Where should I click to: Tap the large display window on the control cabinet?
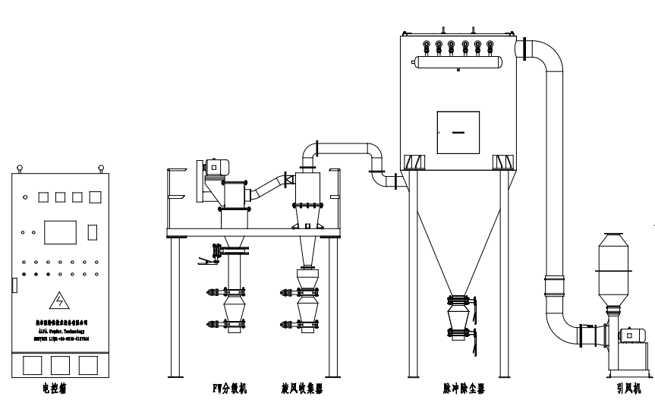tap(60, 231)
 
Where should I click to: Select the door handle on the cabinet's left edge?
tap(14, 285)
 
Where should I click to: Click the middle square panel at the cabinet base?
tap(58, 365)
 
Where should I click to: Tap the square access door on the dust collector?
tap(458, 133)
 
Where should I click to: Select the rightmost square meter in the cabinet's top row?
tap(95, 197)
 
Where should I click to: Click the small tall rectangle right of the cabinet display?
tap(92, 231)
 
